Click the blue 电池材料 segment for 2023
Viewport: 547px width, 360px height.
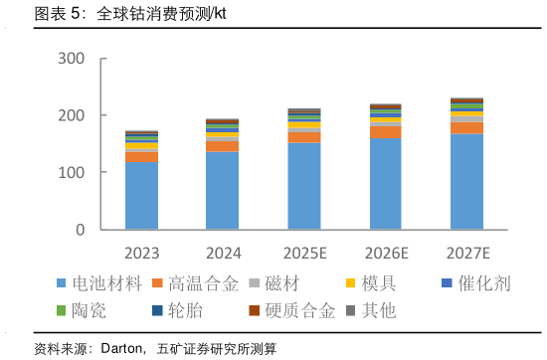point(141,196)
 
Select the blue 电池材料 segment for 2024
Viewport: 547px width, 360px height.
point(223,191)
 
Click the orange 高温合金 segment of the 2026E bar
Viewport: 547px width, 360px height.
point(385,132)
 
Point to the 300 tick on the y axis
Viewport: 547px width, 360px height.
point(86,59)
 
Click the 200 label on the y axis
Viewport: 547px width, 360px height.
point(86,115)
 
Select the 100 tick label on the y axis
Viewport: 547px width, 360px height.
point(86,173)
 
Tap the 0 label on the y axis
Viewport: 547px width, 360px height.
point(93,230)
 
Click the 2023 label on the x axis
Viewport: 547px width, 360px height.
point(141,253)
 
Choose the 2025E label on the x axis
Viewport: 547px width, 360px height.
point(303,253)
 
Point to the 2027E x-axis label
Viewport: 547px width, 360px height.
point(466,253)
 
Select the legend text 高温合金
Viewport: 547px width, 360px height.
point(204,283)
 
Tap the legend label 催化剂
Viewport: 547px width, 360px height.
point(484,283)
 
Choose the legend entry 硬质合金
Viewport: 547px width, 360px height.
point(300,310)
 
